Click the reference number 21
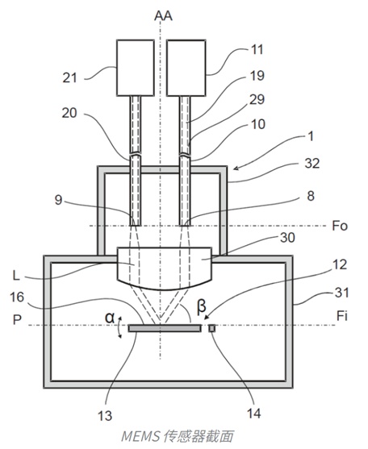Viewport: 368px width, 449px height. coord(70,78)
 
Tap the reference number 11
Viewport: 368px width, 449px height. coord(257,49)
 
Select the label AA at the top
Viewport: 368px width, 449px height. coord(163,16)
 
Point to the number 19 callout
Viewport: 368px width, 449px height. coord(257,76)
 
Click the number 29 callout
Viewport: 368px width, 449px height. coord(257,100)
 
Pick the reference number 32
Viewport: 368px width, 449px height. coord(312,164)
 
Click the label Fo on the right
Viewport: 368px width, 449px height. coord(340,226)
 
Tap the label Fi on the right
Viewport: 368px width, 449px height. coord(342,316)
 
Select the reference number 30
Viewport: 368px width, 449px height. coord(287,238)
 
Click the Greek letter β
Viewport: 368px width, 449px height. coord(202,306)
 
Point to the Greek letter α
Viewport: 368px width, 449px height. coord(110,318)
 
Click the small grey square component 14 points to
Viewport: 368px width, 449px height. coord(212,328)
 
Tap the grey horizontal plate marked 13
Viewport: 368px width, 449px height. coord(165,328)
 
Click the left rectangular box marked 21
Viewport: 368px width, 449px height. coord(136,68)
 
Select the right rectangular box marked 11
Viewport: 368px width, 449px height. coord(186,68)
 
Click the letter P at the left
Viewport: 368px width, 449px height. coord(18,319)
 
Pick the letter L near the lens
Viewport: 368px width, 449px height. coord(16,276)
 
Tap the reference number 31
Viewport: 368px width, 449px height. coord(342,293)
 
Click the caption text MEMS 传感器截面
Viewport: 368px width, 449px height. coord(178,436)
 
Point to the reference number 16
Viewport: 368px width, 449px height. coord(17,297)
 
